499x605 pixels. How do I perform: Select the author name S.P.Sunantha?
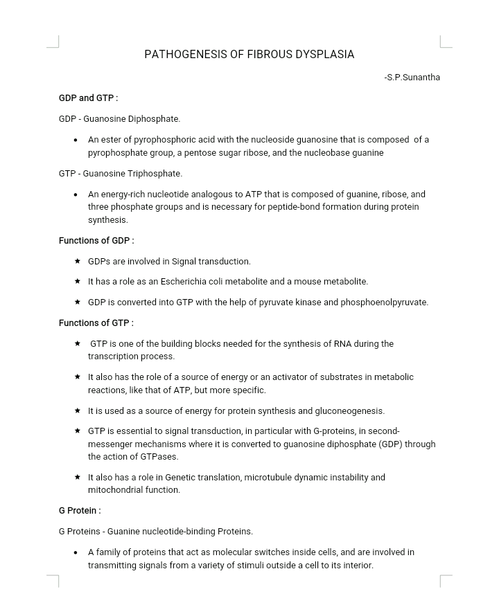click(414, 78)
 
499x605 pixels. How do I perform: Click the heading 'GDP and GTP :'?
click(88, 98)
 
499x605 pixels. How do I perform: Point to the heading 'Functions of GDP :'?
click(96, 241)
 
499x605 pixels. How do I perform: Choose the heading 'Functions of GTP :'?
click(96, 323)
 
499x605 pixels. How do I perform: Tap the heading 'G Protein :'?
click(80, 511)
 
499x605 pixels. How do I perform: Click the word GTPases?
click(159, 457)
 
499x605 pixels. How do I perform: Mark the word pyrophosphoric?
click(163, 140)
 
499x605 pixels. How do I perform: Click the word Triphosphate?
click(157, 174)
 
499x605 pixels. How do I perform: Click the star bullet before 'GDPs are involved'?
click(78, 262)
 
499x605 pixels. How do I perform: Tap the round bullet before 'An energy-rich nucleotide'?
click(76, 195)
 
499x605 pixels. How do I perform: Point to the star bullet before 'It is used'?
click(78, 411)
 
